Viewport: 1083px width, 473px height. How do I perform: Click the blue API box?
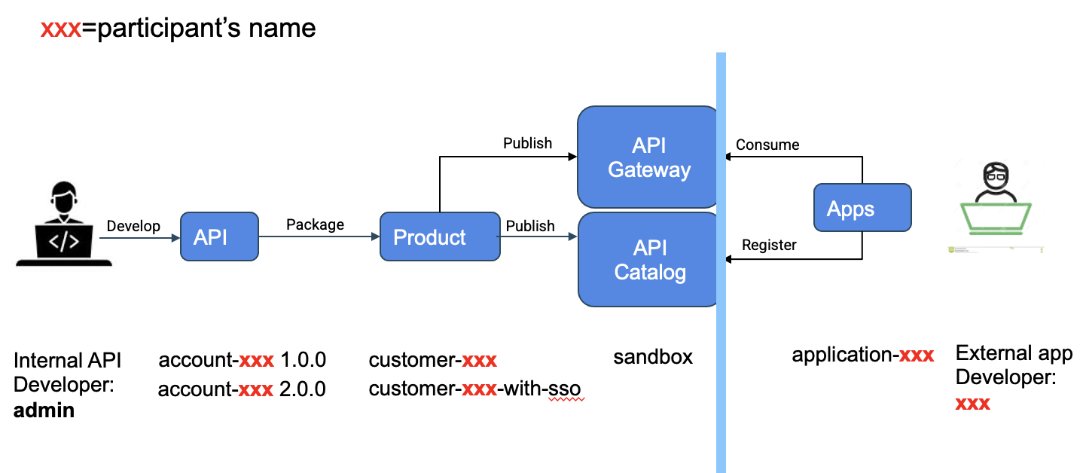point(219,236)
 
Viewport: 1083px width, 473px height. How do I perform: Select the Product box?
point(439,237)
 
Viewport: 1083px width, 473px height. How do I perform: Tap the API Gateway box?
point(648,157)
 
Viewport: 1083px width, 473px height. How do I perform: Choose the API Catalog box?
point(648,260)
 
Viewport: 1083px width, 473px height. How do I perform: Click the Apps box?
point(862,208)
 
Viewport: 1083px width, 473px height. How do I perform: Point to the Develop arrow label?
point(133,226)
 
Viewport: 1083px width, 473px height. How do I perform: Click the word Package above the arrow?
point(315,224)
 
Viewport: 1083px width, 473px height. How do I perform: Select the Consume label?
point(767,145)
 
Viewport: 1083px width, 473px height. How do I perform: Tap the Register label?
point(768,245)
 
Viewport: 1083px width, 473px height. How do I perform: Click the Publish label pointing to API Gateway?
point(527,143)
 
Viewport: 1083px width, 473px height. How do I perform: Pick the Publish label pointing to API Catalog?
point(530,226)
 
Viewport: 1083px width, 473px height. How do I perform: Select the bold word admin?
point(44,410)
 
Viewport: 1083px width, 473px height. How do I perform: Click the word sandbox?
point(653,356)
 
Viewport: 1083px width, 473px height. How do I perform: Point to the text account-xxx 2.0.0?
point(242,389)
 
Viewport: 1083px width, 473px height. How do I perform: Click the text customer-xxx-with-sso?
point(474,389)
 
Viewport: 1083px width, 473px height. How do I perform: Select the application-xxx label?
point(862,355)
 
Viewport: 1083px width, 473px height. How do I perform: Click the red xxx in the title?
point(60,29)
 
